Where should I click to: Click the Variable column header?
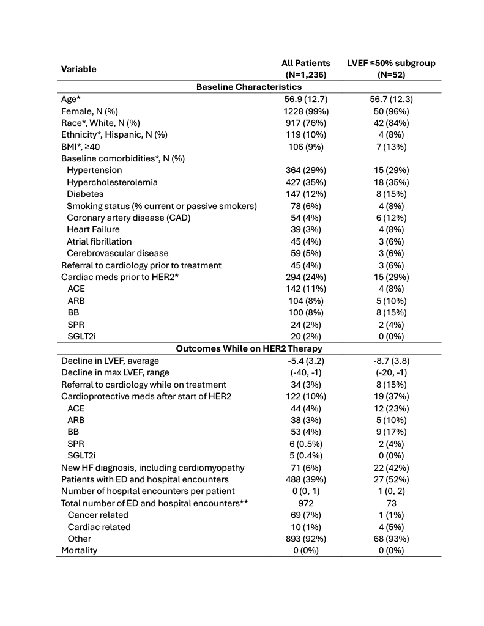point(78,69)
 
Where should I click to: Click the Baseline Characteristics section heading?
point(248,87)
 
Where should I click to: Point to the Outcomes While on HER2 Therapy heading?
point(248,348)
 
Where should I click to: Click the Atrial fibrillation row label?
point(99,241)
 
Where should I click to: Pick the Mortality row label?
point(79,550)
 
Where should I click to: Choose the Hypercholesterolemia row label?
point(112,182)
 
